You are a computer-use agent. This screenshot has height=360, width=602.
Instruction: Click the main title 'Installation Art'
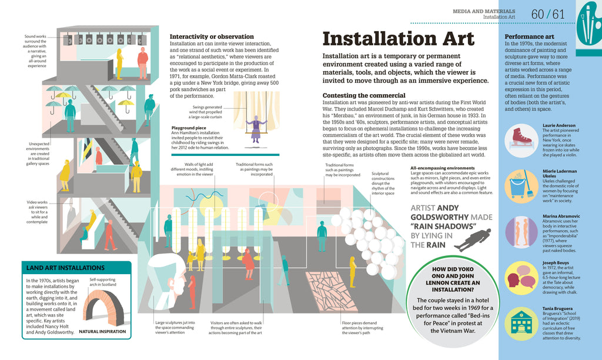pyautogui.click(x=398, y=39)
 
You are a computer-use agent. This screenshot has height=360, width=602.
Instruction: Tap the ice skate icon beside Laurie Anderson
pyautogui.click(x=520, y=138)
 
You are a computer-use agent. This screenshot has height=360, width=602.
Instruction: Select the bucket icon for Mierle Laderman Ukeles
pyautogui.click(x=520, y=185)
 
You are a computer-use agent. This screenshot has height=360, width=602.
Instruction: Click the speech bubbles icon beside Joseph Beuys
pyautogui.click(x=520, y=277)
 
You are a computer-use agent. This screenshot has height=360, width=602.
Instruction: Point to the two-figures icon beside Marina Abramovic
pyautogui.click(x=520, y=231)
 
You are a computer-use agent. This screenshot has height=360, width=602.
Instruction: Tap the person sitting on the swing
pyautogui.click(x=256, y=128)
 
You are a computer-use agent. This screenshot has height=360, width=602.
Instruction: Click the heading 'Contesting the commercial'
pyautogui.click(x=364, y=95)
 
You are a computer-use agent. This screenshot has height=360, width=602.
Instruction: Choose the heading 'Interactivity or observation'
pyautogui.click(x=212, y=36)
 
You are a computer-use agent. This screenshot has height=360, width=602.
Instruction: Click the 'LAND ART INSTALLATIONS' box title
pyautogui.click(x=65, y=268)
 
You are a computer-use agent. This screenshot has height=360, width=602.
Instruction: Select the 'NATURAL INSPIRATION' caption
pyautogui.click(x=102, y=332)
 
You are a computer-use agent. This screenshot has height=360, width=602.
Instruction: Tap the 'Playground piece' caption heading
pyautogui.click(x=189, y=128)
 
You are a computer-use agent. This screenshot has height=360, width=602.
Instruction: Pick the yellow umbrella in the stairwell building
pyautogui.click(x=125, y=104)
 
